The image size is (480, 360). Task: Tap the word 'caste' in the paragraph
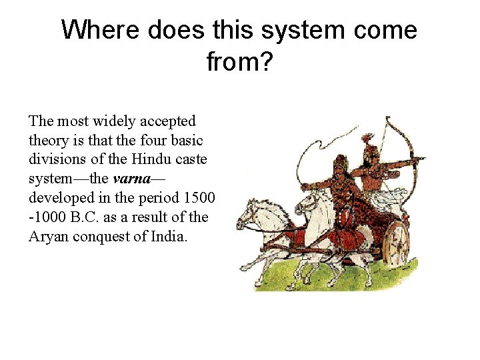(191, 160)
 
